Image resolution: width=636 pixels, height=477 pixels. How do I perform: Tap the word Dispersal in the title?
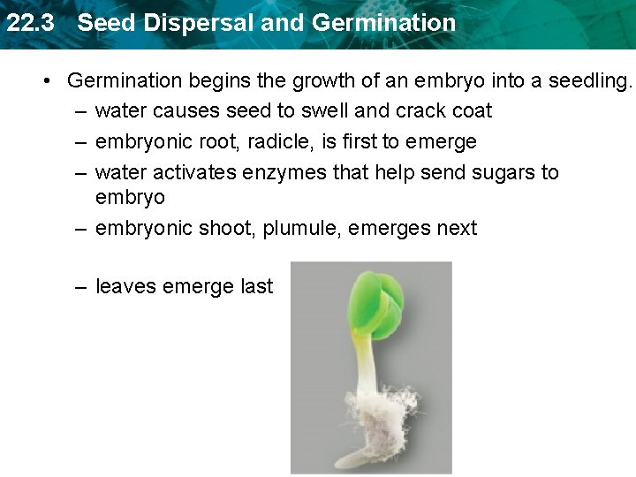pos(188,23)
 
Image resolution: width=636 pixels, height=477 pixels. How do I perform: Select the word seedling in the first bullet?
pos(591,81)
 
